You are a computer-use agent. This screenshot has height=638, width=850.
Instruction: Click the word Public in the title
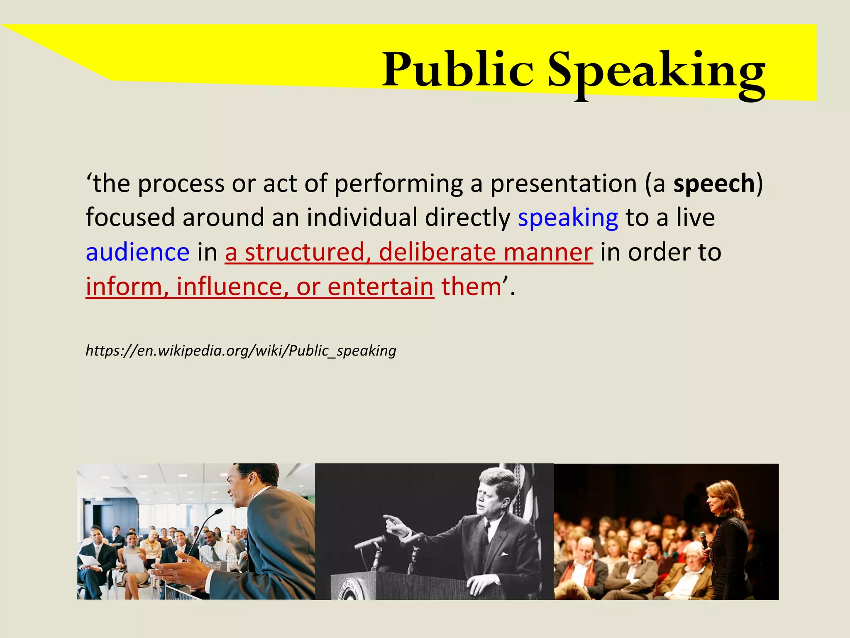tap(457, 70)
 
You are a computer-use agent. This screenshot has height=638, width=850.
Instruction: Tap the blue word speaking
tap(568, 218)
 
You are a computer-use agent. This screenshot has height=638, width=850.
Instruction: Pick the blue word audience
tap(137, 252)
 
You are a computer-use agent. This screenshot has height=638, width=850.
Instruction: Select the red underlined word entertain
tap(380, 287)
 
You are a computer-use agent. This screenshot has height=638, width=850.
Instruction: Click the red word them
tap(471, 287)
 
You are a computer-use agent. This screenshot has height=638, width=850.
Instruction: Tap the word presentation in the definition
tap(563, 184)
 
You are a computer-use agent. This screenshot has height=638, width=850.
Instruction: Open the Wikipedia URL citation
tap(241, 351)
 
